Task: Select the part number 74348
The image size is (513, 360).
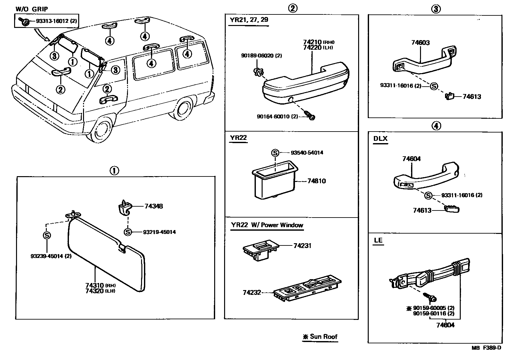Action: pyautogui.click(x=154, y=206)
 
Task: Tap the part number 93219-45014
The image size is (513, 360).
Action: pyautogui.click(x=159, y=232)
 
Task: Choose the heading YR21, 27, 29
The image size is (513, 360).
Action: pyautogui.click(x=249, y=20)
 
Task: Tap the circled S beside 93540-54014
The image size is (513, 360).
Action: pyautogui.click(x=275, y=153)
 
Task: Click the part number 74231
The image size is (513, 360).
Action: pyautogui.click(x=302, y=246)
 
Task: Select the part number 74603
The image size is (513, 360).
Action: pyautogui.click(x=420, y=43)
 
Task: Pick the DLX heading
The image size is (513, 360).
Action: pyautogui.click(x=380, y=139)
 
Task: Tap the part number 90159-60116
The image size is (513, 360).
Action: pyautogui.click(x=433, y=313)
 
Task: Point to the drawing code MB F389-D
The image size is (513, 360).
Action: pyautogui.click(x=486, y=347)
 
